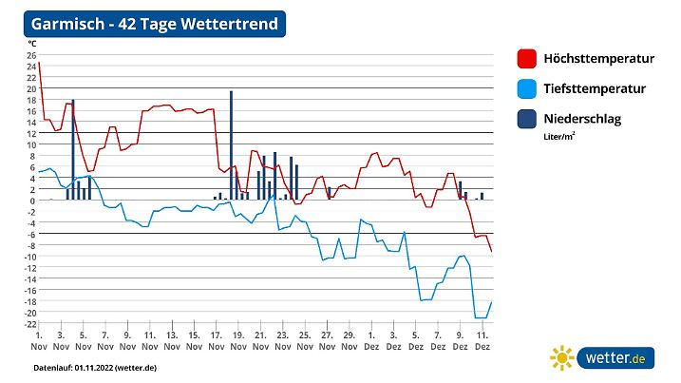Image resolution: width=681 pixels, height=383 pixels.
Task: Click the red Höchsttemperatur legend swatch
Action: [526, 59]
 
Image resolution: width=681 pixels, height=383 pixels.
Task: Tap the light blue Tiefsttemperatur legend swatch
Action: [526, 89]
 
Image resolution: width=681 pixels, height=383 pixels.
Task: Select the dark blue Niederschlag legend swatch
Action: [526, 120]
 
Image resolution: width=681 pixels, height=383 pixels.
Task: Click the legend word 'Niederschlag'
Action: [582, 119]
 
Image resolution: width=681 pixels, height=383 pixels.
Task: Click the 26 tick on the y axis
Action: [31, 55]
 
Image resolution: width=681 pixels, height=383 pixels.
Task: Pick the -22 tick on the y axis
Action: [29, 324]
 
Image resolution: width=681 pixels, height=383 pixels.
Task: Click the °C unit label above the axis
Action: [32, 44]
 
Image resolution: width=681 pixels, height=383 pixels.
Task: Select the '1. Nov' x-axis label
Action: [39, 341]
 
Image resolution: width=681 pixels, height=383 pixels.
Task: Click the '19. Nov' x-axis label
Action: [236, 341]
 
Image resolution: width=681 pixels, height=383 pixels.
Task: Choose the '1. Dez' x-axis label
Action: [372, 341]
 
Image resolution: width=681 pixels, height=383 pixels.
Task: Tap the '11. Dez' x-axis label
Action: [482, 341]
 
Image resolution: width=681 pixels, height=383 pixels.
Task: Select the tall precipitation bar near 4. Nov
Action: [73, 149]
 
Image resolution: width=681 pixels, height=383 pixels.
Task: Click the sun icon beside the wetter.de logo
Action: [562, 358]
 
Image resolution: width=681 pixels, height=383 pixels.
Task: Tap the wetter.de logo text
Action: [618, 358]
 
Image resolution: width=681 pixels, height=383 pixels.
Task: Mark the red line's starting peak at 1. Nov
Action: [39, 64]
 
